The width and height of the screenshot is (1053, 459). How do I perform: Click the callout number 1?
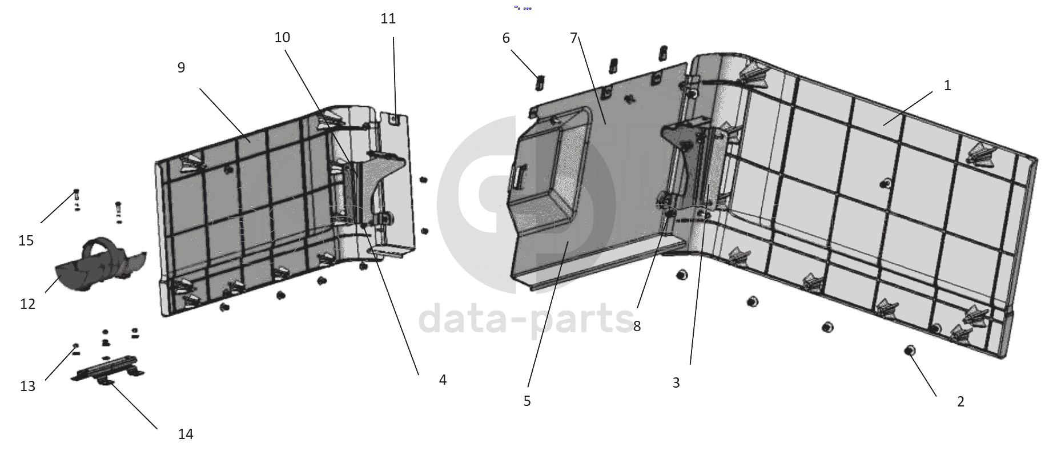(947, 86)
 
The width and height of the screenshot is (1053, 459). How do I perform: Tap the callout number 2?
(960, 402)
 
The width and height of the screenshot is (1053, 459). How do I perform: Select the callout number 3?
(676, 383)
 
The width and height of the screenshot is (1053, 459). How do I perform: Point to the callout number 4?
(443, 380)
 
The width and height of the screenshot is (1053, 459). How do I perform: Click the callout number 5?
(527, 401)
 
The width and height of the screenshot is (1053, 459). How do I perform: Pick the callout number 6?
(506, 38)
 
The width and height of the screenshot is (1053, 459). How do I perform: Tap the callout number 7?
(574, 38)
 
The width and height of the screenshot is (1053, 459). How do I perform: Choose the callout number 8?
(637, 327)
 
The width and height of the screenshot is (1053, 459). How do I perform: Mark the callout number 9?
(181, 68)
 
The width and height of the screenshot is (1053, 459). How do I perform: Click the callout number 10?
(282, 38)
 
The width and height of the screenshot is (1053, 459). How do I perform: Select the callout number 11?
(388, 19)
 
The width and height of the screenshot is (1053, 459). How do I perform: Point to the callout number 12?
(27, 304)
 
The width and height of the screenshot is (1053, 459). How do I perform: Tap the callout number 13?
(27, 386)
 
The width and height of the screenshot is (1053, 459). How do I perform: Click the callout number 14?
(186, 434)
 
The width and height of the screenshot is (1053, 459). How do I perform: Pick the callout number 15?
(26, 241)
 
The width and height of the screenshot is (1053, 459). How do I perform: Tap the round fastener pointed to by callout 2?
(909, 351)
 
